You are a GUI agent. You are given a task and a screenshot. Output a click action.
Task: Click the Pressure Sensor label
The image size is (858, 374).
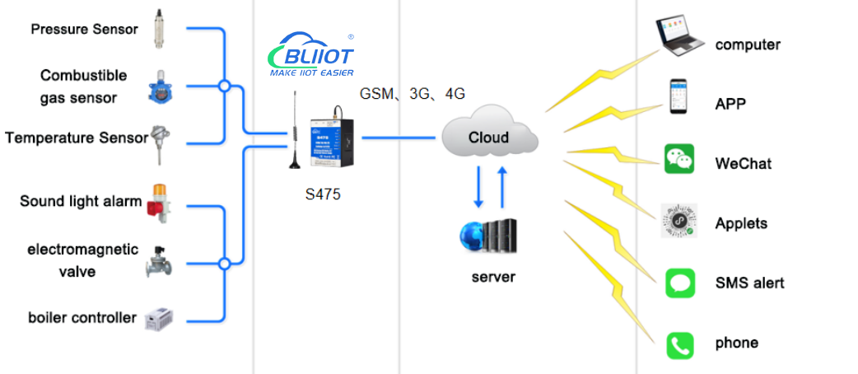click(x=85, y=30)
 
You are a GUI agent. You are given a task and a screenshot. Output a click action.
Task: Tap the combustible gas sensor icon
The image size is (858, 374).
click(x=157, y=86)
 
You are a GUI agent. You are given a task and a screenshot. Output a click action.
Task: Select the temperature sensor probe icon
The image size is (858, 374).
click(x=158, y=141)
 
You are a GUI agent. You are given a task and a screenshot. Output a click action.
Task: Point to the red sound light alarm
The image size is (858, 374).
click(x=156, y=200)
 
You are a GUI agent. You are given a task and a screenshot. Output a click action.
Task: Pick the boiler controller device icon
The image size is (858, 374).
click(x=159, y=319)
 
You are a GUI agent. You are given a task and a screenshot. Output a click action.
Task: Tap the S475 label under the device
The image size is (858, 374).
click(x=323, y=195)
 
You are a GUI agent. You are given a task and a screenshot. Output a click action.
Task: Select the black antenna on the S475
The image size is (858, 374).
click(x=292, y=132)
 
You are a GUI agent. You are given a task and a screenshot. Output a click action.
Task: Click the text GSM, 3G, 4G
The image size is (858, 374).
click(x=412, y=94)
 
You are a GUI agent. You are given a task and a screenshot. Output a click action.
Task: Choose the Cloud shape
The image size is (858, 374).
click(x=489, y=137)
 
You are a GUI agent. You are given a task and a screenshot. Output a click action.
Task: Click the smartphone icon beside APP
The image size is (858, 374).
click(x=678, y=98)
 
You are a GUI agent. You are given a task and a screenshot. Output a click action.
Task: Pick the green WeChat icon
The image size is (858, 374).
click(x=679, y=159)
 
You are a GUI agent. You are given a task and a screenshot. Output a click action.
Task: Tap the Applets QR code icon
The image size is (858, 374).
click(x=679, y=222)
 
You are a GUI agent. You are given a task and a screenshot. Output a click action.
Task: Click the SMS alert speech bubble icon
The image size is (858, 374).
click(x=679, y=283)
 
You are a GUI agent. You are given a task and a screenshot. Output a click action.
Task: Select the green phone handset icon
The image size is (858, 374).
click(x=679, y=344)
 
